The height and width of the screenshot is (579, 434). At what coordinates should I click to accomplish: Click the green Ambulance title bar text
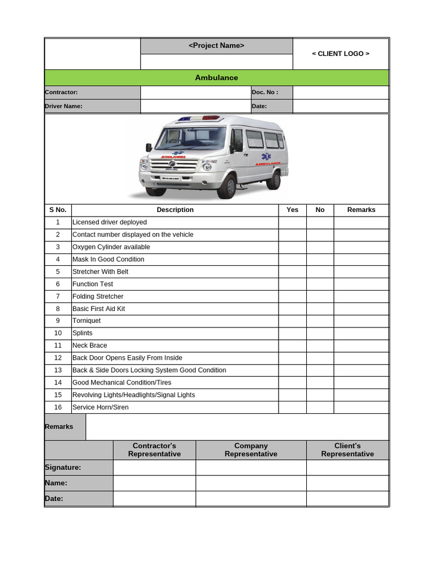click(216, 77)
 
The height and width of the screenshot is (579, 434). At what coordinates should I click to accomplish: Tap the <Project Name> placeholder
click(216, 46)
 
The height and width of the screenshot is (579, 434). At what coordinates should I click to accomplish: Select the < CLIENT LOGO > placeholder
click(341, 54)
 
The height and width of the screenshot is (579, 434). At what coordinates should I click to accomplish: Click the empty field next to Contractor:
click(195, 92)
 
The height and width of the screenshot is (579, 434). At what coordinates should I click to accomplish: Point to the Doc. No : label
click(265, 92)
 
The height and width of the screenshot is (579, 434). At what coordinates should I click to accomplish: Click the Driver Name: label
click(64, 106)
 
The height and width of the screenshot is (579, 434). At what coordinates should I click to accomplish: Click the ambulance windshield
click(190, 138)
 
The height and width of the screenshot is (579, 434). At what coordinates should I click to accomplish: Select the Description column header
click(175, 210)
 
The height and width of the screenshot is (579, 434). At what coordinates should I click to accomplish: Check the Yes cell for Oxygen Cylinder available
click(292, 247)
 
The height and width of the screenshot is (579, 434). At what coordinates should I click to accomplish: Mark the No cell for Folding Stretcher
click(320, 296)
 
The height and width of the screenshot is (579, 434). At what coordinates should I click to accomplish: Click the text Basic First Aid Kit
click(99, 309)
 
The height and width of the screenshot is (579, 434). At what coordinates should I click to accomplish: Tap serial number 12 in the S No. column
click(58, 358)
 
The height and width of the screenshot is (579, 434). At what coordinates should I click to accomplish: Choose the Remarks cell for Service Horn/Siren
click(361, 407)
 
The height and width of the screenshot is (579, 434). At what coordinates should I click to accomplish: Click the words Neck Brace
click(90, 345)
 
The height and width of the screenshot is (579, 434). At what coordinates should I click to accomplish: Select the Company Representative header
click(251, 450)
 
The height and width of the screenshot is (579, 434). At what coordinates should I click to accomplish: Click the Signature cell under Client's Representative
click(348, 468)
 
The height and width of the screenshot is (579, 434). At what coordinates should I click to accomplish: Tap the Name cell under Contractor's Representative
click(154, 483)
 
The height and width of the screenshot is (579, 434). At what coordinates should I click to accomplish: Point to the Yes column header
click(292, 210)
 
